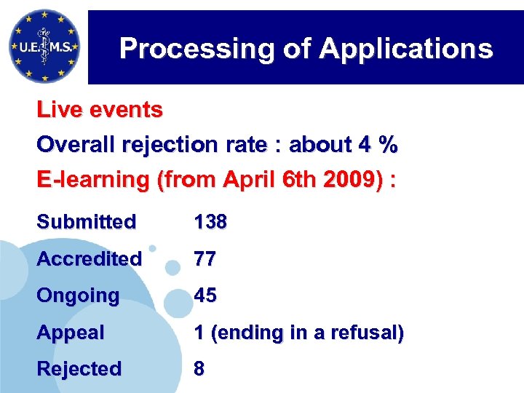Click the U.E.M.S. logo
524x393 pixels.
pos(44,47)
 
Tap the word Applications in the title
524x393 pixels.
pos(405,49)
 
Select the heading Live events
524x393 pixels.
pos(100,111)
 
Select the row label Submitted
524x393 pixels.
pos(86,222)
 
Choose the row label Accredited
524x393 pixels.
pos(89,258)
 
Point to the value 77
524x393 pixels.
pos(204,258)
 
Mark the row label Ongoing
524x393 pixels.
pos(78,295)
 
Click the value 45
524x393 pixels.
pos(205,295)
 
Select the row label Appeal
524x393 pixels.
pos(71,333)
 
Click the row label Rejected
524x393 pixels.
pos(79,369)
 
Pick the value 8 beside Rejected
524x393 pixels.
pos(199,369)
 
